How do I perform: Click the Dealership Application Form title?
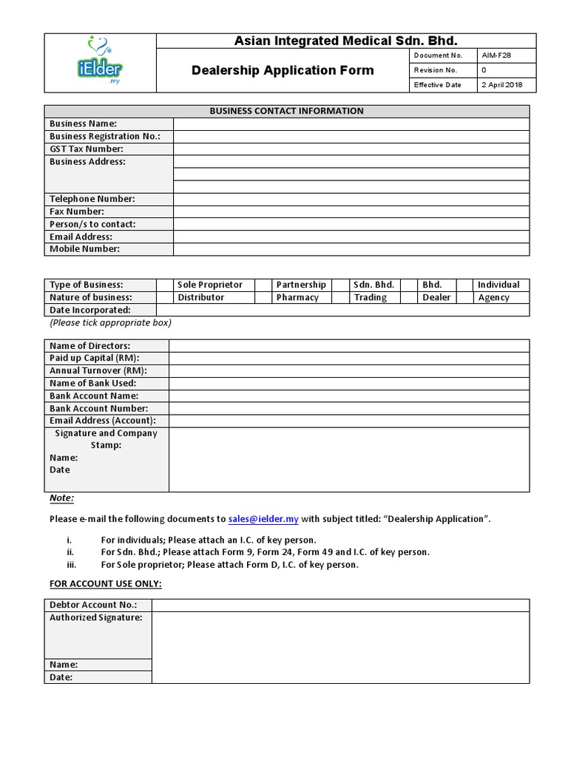[x=283, y=70]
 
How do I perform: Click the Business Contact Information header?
[x=286, y=111]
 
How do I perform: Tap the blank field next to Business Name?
[x=351, y=123]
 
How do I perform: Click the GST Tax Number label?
[x=86, y=149]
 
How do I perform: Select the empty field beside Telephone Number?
[x=351, y=199]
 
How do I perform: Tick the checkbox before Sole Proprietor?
[x=164, y=285]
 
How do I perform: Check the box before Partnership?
[x=263, y=285]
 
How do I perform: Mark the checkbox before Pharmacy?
[x=263, y=297]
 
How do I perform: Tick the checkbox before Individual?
[x=464, y=285]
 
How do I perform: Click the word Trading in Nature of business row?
[x=370, y=297]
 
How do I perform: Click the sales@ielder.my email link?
[x=263, y=519]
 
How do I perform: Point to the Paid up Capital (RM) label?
[x=94, y=358]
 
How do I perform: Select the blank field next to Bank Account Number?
[x=348, y=408]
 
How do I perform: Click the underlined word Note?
[x=61, y=498]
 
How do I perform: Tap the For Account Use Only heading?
[x=105, y=584]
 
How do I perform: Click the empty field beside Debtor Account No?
[x=340, y=605]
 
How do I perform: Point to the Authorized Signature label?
[x=95, y=617]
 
